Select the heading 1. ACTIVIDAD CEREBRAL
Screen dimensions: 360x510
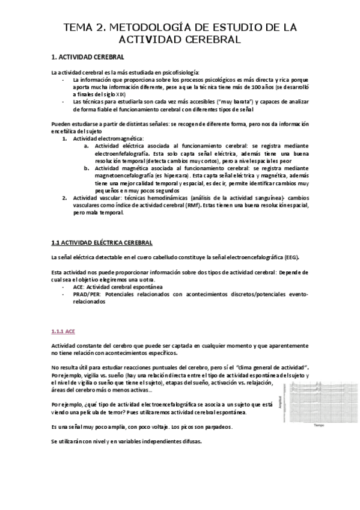(88, 58)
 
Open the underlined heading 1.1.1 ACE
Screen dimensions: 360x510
(63, 331)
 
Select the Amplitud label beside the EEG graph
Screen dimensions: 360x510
(280, 401)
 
